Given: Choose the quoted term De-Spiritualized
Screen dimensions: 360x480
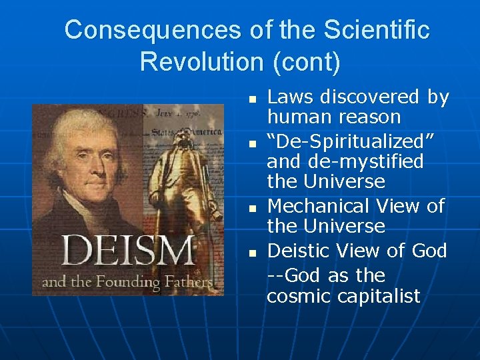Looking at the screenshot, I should pyautogui.click(x=351, y=141).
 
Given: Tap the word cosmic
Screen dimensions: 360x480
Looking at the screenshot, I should pyautogui.click(x=298, y=297).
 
